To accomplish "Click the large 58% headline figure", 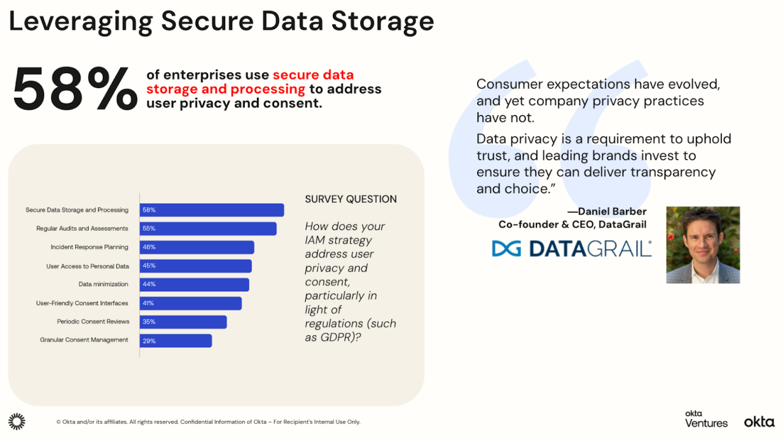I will coord(75,90).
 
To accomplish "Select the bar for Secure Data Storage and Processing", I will coord(212,210).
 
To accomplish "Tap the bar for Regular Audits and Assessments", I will coord(208,229).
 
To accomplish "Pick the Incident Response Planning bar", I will coord(196,247).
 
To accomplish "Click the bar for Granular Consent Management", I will coord(176,340).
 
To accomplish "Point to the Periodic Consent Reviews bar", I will coord(183,322).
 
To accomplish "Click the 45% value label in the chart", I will coord(149,265).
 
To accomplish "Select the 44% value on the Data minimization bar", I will coord(149,284).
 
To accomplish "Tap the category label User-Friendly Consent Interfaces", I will coord(82,303).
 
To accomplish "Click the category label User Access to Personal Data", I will coord(87,266).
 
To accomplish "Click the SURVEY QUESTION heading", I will coord(351,199).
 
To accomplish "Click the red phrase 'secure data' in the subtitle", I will coord(313,75).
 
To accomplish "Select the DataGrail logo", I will coord(572,248).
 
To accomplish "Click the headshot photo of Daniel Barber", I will coord(703,245).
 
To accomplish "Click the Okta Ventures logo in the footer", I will coord(706,420).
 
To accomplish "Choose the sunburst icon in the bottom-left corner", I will coord(17,421).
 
